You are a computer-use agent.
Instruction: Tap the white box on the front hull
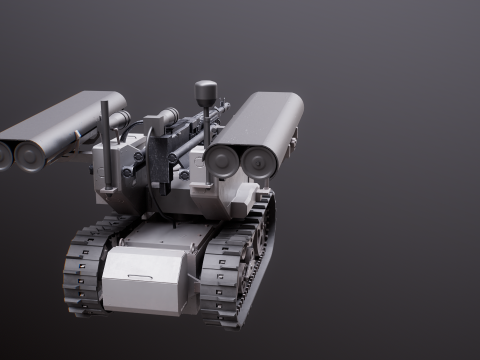click(x=144, y=280)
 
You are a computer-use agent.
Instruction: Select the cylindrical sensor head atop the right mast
click(x=206, y=93)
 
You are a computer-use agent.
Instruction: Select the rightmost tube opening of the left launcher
click(x=30, y=155)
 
